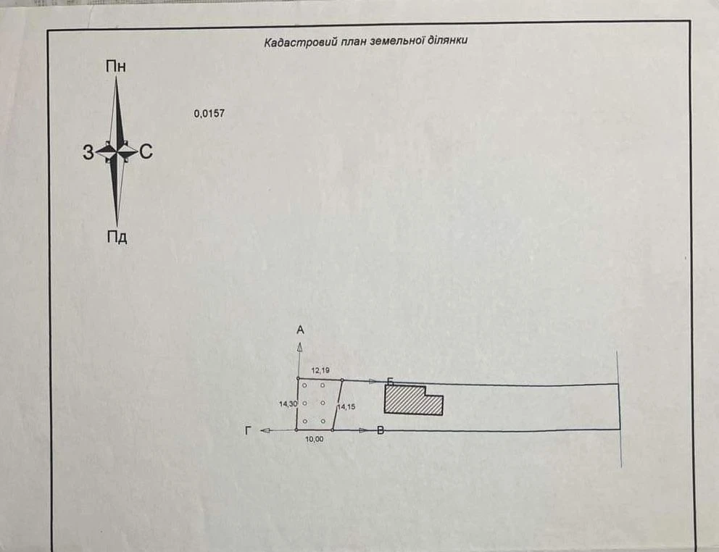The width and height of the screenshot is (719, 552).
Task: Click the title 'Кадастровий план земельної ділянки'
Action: pos(365,41)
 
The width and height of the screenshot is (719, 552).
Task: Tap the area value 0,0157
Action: pos(209,113)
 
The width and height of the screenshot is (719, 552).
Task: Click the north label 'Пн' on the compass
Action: pos(115,67)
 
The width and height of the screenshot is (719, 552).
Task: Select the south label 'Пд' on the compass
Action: pos(117,237)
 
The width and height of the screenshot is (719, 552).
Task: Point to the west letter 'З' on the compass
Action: pos(88,152)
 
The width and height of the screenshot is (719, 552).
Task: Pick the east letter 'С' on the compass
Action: pos(146,151)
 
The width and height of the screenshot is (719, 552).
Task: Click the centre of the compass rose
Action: pos(117,151)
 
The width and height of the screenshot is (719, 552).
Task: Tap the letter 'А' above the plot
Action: pos(300,330)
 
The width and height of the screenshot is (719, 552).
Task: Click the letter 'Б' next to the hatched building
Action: pos(390,382)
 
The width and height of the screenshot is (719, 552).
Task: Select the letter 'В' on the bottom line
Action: pos(380,430)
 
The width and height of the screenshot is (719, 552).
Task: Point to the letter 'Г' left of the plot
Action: pos(249,430)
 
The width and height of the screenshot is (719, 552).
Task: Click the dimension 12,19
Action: pos(320,370)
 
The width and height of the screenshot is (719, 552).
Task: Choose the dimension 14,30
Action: pos(288,404)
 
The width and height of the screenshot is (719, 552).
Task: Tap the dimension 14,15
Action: pos(346,406)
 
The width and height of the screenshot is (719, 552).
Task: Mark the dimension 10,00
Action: pos(314,439)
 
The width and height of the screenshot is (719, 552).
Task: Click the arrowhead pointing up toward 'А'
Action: pos(299,347)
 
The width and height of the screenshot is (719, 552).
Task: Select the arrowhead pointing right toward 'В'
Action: pos(363,430)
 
